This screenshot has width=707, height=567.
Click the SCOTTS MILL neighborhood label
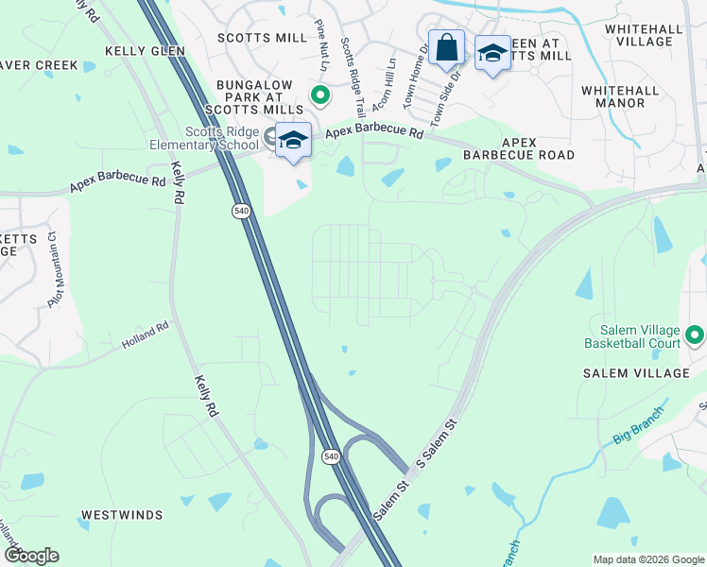point(262,38)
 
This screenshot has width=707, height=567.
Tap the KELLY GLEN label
point(145,51)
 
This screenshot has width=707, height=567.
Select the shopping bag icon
point(446,47)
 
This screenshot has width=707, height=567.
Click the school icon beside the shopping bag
point(491,54)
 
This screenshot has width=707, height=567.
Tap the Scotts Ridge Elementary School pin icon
point(293,141)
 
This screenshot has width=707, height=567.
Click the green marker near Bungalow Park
point(320,94)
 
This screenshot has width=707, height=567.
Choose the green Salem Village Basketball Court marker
point(696,335)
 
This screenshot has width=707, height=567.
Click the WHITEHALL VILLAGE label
point(644,36)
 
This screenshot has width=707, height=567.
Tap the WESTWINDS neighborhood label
point(121,515)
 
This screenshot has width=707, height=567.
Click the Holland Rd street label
point(145,337)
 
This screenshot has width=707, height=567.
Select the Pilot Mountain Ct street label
point(59,260)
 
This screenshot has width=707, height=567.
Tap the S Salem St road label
point(436,441)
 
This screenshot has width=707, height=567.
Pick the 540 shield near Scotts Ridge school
point(241,211)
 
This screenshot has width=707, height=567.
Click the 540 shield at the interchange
point(330,456)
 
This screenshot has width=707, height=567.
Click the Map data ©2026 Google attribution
point(647,559)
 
